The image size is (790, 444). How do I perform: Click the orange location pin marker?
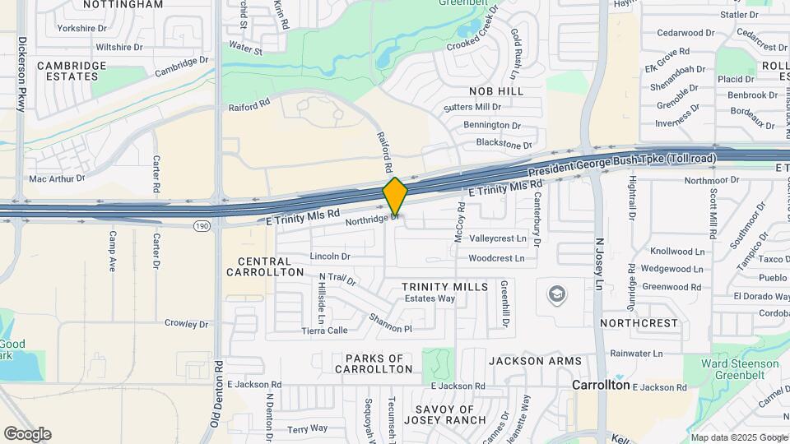tap(395, 197)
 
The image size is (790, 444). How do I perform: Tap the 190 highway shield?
tap(202, 225)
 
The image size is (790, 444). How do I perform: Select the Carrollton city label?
tap(601, 385)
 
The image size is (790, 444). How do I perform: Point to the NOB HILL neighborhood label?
tap(496, 91)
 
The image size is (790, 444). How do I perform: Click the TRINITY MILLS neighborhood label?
tap(440, 286)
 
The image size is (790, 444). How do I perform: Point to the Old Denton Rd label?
tap(216, 394)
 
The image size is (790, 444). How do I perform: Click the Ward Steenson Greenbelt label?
tap(740, 369)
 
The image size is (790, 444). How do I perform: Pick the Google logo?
tap(26, 433)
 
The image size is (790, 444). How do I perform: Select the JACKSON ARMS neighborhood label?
tap(535, 361)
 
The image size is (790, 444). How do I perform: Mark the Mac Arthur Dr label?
tap(57, 178)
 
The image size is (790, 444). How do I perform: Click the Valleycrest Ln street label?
tap(497, 238)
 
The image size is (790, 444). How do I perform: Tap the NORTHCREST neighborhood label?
tap(639, 324)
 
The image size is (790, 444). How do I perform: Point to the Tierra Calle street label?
tap(324, 331)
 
